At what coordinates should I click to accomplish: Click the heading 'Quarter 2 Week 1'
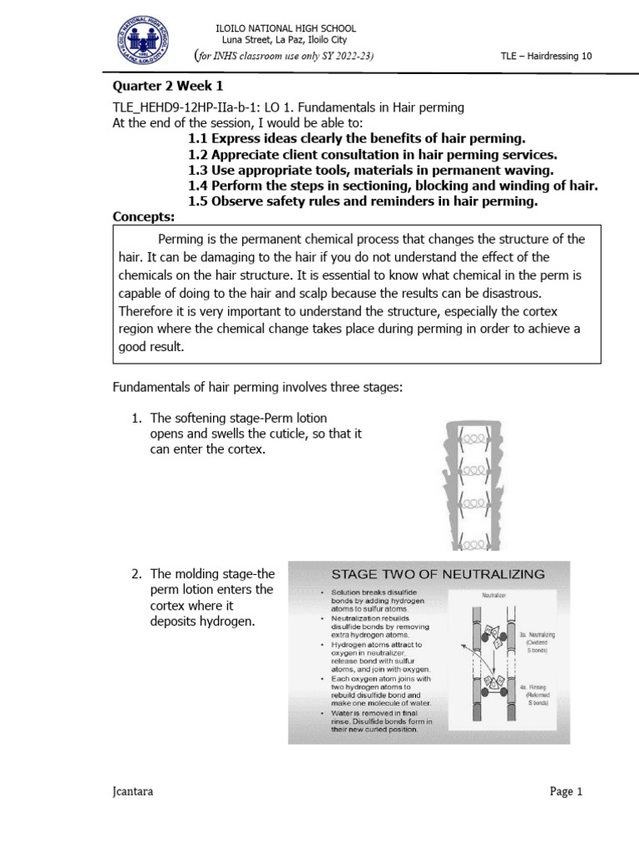tap(168, 87)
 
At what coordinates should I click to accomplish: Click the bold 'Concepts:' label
tap(143, 217)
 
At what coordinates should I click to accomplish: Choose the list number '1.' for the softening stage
tap(137, 418)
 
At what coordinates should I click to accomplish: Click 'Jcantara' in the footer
tap(133, 792)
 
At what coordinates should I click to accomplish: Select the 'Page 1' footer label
tap(567, 792)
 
